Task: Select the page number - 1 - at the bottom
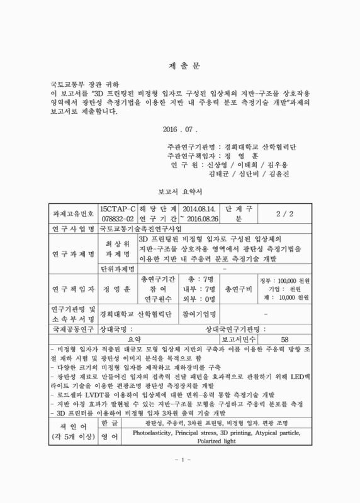pos(180,480)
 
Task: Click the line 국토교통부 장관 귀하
pos(86,83)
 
